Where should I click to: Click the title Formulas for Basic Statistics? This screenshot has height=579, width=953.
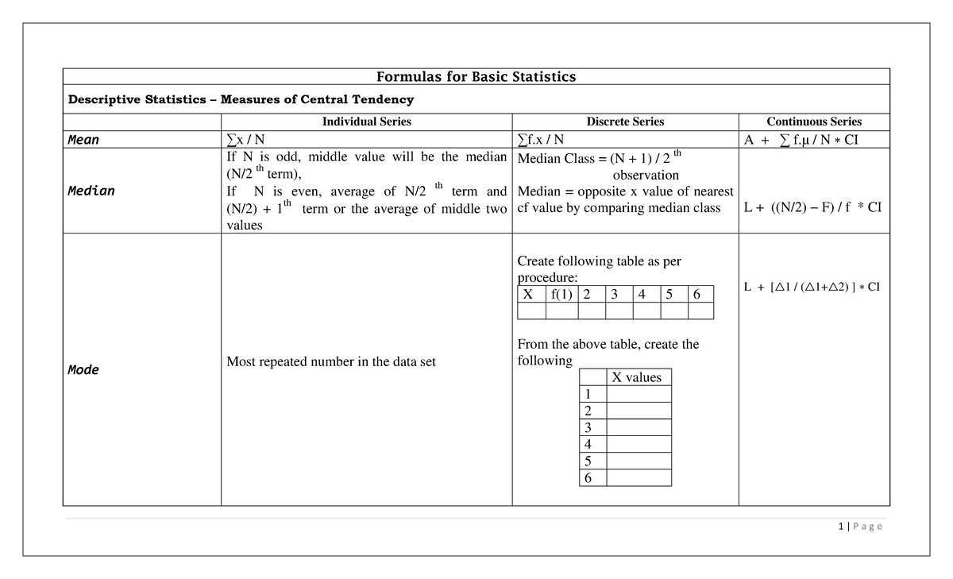pos(476,77)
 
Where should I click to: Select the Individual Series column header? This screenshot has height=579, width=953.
pos(366,122)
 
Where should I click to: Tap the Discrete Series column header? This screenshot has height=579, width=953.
pos(625,122)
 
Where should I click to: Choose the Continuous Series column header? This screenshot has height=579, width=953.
pos(814,122)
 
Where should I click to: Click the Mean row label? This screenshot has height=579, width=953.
pos(83,140)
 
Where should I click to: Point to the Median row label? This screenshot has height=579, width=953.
pos(91,191)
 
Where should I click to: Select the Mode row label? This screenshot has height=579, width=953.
pos(83,369)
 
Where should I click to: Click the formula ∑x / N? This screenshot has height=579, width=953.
pos(246,141)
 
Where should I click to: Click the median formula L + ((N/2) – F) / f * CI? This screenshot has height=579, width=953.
pos(812,208)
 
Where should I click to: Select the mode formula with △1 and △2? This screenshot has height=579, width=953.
pos(812,287)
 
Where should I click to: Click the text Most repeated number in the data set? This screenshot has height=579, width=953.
pos(331,362)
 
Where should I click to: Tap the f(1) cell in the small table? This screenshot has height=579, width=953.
pos(560,295)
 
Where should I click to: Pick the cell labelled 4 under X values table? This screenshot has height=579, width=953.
pos(588,444)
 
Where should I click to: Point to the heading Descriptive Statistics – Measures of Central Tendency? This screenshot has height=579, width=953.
pos(241,99)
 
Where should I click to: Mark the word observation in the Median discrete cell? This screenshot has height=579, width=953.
pos(646,175)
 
